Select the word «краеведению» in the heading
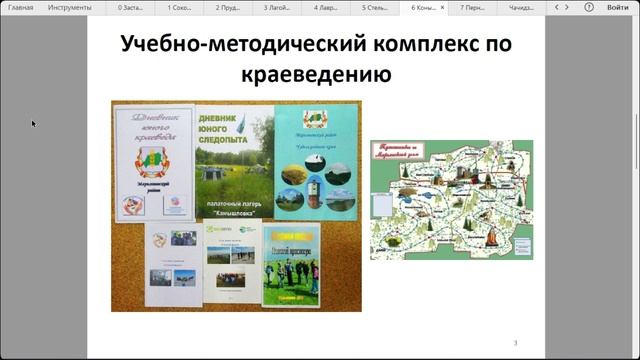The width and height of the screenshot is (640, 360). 315,75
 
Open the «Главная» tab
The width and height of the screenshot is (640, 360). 21,7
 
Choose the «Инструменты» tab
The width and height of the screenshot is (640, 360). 70,7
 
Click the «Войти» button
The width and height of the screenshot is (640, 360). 618,7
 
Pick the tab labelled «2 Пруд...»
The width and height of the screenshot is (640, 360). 231,7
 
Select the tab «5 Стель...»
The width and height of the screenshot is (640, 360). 377,7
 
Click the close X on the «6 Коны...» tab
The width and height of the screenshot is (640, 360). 443,7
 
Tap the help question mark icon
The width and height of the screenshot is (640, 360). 589,7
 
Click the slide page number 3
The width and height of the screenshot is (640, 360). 515,343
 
